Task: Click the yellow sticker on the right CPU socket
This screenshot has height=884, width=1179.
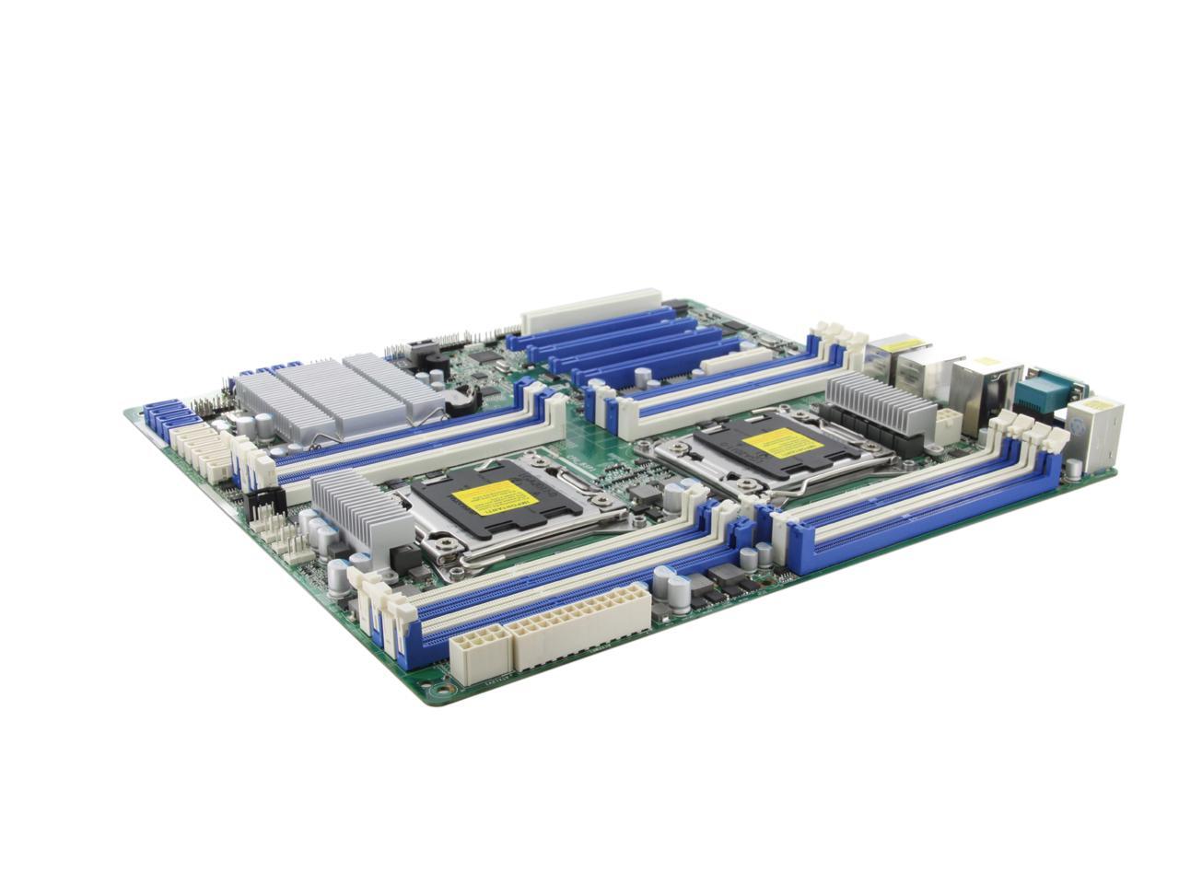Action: point(782,443)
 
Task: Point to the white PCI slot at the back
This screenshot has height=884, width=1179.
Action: point(591,310)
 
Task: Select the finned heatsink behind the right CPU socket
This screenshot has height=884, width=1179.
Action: point(880,404)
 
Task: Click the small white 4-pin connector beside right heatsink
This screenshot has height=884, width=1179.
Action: point(947,425)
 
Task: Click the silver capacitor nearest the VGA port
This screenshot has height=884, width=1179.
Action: point(1075,470)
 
